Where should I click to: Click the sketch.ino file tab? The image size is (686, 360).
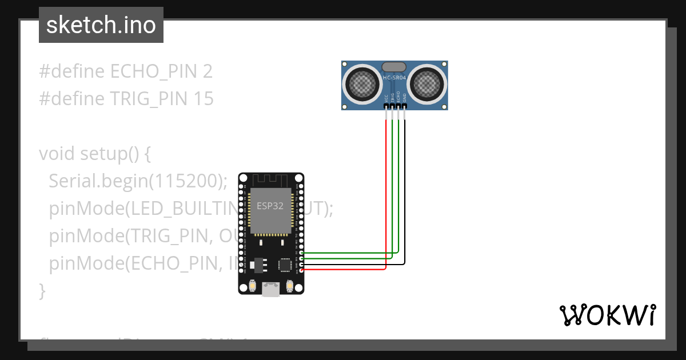101,25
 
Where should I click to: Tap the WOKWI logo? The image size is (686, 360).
607,315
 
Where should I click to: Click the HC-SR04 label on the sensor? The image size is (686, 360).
394,78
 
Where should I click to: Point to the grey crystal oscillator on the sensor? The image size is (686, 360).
394,67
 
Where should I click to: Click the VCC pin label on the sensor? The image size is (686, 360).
386,98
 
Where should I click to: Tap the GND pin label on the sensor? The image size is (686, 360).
405,98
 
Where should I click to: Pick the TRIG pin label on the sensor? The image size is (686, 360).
393,98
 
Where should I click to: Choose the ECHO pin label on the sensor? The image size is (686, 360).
398,98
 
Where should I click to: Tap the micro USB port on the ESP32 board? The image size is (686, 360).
271,290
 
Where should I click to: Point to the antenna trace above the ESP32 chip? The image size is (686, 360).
271,181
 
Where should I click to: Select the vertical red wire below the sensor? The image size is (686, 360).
386,189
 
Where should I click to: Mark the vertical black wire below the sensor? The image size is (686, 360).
405,189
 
